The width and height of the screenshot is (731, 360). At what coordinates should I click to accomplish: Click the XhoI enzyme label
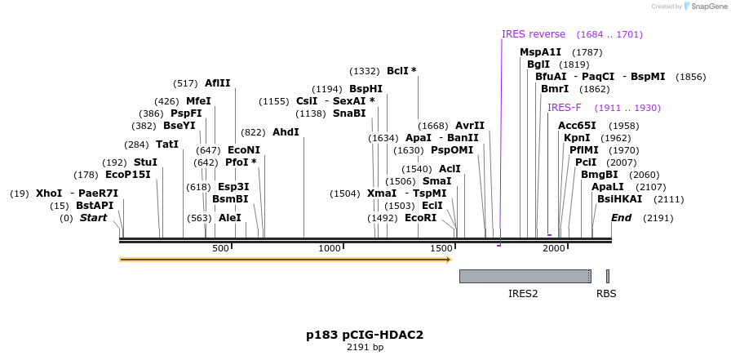coord(49,193)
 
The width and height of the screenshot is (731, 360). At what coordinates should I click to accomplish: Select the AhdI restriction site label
coord(286,132)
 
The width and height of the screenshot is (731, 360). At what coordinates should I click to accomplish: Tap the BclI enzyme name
coord(397,71)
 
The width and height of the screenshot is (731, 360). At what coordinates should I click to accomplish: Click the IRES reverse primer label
coord(534,34)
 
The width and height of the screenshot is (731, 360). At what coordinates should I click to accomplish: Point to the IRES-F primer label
coord(564,108)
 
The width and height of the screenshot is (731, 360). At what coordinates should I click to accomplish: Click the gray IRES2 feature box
coord(525,276)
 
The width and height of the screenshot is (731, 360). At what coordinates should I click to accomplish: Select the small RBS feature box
coord(608,276)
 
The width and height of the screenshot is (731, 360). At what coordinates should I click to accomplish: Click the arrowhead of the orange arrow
coord(450,260)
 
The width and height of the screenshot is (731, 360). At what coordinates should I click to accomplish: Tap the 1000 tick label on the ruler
coord(330,248)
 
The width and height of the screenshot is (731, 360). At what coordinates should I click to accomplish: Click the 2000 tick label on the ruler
coord(554,248)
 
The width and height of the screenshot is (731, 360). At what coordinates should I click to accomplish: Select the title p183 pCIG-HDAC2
coord(365,335)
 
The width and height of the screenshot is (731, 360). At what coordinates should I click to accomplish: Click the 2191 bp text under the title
coord(365,348)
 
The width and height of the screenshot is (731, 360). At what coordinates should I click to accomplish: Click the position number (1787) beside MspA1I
coord(587,52)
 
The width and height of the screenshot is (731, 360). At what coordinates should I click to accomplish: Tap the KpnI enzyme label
coord(577,138)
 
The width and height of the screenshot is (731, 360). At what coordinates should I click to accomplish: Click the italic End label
coord(622,218)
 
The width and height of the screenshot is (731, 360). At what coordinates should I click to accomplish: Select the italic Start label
coord(93,218)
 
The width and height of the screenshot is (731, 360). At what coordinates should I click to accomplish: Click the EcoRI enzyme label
coord(420,218)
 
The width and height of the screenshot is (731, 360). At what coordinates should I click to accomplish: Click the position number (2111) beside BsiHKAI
coord(669,199)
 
